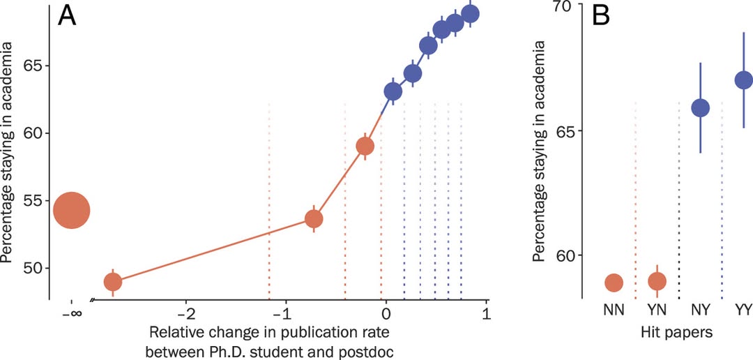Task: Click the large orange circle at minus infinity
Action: (72, 210)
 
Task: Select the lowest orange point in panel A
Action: (113, 282)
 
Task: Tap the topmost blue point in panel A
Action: (471, 14)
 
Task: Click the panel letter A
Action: (67, 15)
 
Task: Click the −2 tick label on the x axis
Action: (185, 311)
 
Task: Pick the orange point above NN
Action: (614, 283)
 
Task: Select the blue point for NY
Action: (700, 107)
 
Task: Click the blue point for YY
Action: (744, 80)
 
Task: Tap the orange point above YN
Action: (657, 281)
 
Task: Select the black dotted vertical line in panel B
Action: (679, 195)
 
